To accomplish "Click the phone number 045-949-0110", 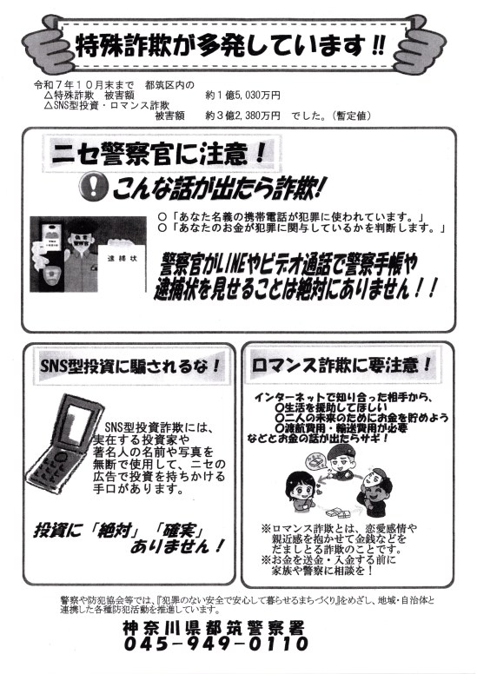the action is coord(216,644).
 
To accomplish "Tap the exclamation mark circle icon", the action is coord(93,186).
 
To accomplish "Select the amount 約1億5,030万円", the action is coord(242,95).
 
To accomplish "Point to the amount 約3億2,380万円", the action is coord(242,116).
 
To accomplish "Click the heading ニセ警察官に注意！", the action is coord(158,154).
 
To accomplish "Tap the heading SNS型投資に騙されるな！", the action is coord(130,367).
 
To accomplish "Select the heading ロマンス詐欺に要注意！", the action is coord(341,366).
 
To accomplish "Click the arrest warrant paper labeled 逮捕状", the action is coord(123,267).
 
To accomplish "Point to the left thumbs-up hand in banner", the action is coord(45,43).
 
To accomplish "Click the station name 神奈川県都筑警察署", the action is coord(214,628).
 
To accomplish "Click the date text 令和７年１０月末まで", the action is coord(84,84).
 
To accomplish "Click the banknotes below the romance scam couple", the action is coord(338,512).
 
